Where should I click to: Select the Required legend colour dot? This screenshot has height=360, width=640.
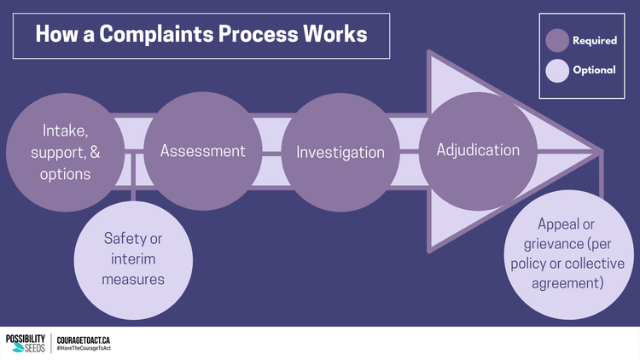click(557, 40)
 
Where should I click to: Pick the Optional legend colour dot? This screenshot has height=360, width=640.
click(557, 71)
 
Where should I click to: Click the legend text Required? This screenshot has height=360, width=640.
click(595, 40)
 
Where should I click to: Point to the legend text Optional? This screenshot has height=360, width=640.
click(594, 71)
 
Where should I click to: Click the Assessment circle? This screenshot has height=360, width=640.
click(203, 151)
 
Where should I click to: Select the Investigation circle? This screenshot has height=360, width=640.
click(340, 152)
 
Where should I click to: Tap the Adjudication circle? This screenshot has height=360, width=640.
click(478, 150)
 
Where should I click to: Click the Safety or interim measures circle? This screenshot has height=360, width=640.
click(134, 257)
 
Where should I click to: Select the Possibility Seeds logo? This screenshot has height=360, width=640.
click(25, 343)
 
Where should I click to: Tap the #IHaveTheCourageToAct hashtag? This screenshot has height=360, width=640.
click(89, 350)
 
